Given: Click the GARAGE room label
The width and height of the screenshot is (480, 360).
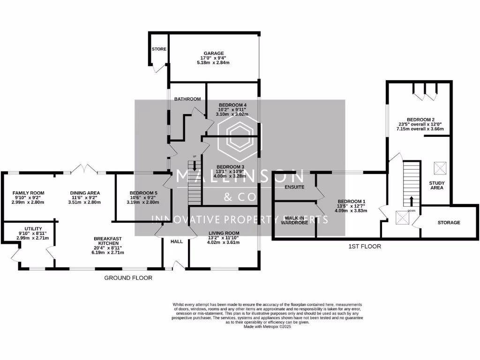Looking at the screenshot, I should pyautogui.click(x=213, y=53).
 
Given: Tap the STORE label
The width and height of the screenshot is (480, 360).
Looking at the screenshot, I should pyautogui.click(x=159, y=49).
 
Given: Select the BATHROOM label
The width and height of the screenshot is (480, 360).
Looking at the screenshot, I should pyautogui.click(x=187, y=99).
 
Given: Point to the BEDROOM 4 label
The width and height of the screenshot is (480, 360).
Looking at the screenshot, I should pyautogui.click(x=232, y=105).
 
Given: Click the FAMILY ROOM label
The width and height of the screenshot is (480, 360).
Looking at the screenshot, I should pyautogui.click(x=28, y=193).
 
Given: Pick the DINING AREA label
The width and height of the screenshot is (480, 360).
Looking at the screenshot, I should pyautogui.click(x=85, y=193).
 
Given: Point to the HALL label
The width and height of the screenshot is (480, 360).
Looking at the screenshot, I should pyautogui.click(x=176, y=241).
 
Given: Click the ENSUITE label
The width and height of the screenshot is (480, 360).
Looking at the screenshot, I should pyautogui.click(x=295, y=187).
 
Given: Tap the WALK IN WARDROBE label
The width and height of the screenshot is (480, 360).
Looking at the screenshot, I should pyautogui.click(x=295, y=220).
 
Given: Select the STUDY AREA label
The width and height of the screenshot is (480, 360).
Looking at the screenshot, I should pyautogui.click(x=437, y=185).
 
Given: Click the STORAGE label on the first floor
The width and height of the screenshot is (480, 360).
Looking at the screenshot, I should pyautogui.click(x=449, y=223).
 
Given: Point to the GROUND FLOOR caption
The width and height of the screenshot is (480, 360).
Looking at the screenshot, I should pyautogui.click(x=128, y=278).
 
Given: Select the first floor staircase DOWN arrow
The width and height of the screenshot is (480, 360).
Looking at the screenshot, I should pyautogui.click(x=412, y=202).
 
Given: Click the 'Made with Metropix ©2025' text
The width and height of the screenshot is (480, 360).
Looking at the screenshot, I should pyautogui.click(x=267, y=327).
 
